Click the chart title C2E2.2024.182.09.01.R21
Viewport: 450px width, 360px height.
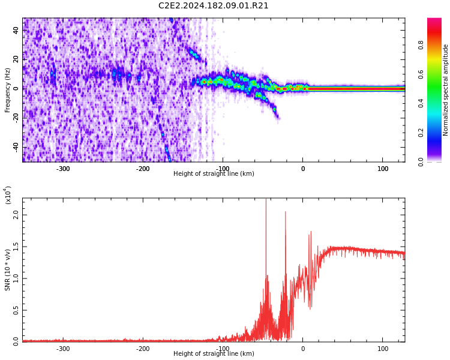[213, 6]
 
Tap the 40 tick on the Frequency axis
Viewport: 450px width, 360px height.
[16, 30]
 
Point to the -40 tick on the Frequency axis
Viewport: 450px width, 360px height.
[15, 147]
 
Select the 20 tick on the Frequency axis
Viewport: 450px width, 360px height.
[16, 59]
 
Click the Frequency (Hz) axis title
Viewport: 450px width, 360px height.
[8, 90]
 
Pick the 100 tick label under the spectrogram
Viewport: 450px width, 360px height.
[383, 169]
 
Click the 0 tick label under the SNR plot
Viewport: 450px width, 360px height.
[302, 349]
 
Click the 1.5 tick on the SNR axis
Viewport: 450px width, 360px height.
[16, 246]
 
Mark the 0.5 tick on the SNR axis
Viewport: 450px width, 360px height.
[16, 310]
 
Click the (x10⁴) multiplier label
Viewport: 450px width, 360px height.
[8, 195]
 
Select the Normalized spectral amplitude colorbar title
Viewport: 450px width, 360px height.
[446, 90]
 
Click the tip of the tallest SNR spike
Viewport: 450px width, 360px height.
[266, 200]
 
